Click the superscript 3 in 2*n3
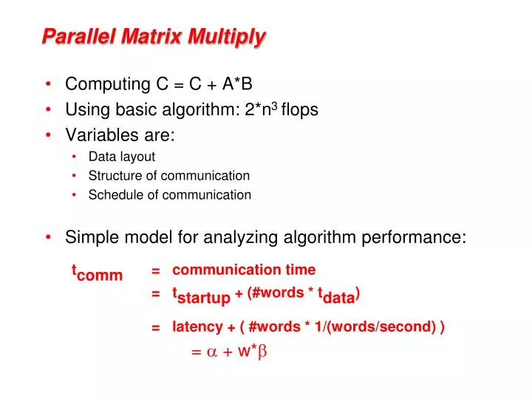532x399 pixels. (274, 106)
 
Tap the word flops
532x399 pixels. (299, 110)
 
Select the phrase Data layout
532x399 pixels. (121, 156)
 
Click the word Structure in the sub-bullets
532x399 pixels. (113, 176)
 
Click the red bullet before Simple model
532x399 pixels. (49, 237)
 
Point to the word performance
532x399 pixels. (422, 237)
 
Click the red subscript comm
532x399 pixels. (100, 276)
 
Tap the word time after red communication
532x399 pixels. (301, 270)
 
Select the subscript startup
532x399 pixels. (204, 298)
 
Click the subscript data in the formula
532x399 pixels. (338, 299)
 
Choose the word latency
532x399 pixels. (197, 327)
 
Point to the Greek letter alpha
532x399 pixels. (211, 352)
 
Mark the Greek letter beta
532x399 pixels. (261, 353)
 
